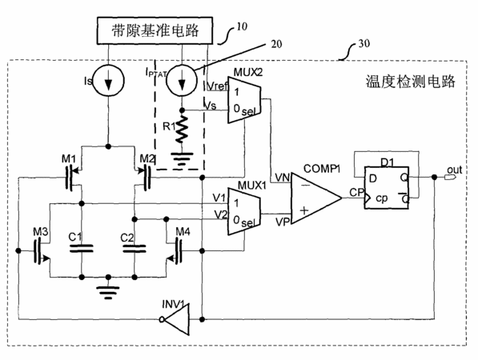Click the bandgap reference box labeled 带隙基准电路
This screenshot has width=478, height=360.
pos(155,30)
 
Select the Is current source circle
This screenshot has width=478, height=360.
pos(108,81)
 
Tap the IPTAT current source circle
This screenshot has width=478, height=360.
pos(182,81)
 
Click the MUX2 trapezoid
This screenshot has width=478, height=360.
pos(244,100)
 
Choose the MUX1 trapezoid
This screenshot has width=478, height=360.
pos(244,211)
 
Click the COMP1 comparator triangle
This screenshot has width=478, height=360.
pos(316,198)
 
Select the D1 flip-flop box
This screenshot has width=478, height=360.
pos(387,188)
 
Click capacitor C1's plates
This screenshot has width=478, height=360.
pos(82,249)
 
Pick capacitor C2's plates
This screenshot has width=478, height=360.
pos(135,249)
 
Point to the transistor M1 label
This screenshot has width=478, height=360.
pos(69,158)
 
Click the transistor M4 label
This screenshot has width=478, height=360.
pos(183,232)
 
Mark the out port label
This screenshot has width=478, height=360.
pos(455,170)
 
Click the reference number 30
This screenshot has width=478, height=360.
pos(364,43)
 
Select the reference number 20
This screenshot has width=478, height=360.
pos(276,44)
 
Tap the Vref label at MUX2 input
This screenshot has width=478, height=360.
pos(217,86)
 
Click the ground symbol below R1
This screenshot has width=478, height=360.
pos(182,159)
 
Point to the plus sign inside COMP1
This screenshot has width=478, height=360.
pos(304,210)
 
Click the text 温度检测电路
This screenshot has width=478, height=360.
pos(410,82)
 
